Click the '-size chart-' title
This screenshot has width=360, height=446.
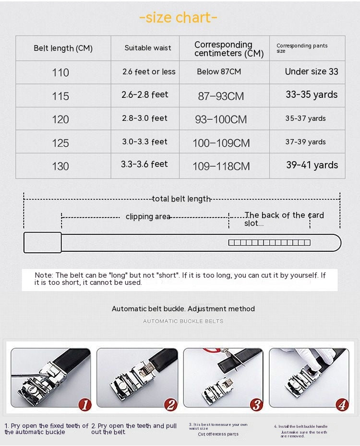pos(178,18)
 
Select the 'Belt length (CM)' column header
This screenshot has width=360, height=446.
pos(63,48)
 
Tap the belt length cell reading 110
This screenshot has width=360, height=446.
pos(60,72)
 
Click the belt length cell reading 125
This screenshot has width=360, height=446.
pos(60,143)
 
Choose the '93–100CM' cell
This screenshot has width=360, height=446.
pos(221,119)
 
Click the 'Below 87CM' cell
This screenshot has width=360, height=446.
pos(219,71)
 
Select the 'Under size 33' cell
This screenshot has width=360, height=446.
pos(312,71)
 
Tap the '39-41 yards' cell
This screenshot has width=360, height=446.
pos(312,165)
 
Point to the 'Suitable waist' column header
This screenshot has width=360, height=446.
pos(148,48)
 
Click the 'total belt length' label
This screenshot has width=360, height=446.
pos(181,199)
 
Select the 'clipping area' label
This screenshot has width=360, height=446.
pos(148,217)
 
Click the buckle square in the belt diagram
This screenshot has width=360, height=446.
pos(43,242)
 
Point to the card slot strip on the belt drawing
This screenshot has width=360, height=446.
pos(269,243)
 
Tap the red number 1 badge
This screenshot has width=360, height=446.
pos(84,405)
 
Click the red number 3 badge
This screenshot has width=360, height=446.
pos(256,405)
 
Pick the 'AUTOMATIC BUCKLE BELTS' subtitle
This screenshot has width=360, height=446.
pos(183,321)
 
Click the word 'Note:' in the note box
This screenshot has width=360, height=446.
pos(44,275)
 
